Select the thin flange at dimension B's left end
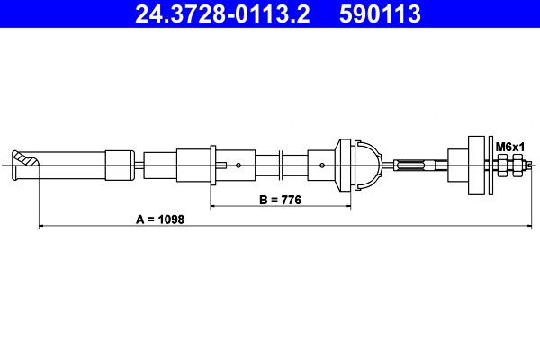click(211, 165)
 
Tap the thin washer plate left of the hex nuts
click(492, 164)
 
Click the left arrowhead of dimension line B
click(213, 207)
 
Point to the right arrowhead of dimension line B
click(347, 207)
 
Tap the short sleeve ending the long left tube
click(118, 165)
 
